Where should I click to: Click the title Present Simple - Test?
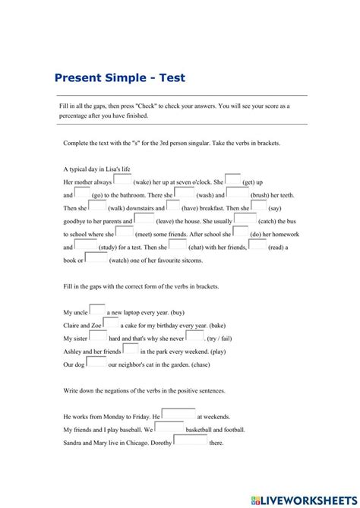(x=120, y=77)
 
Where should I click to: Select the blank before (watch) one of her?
(x=96, y=257)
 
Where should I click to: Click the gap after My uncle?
(x=97, y=310)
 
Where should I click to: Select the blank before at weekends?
(x=178, y=415)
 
